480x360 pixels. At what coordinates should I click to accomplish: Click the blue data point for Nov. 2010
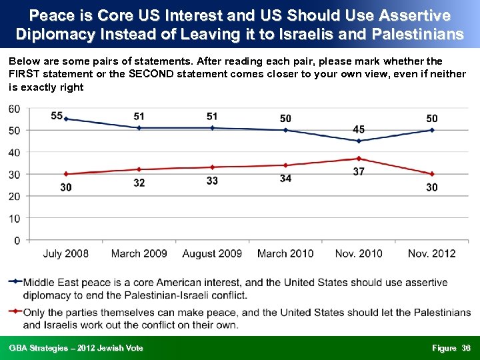point(359,141)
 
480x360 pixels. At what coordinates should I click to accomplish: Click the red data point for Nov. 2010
point(359,159)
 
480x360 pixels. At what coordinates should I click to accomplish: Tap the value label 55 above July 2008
point(57,116)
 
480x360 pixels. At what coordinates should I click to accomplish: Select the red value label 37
point(359,171)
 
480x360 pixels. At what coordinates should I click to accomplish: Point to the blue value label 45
point(359,129)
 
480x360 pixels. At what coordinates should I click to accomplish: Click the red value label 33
point(212,181)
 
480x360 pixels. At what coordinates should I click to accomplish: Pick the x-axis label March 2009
point(139,253)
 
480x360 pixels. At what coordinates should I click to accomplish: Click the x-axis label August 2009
point(212,253)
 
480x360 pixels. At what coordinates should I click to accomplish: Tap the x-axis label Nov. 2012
point(432,253)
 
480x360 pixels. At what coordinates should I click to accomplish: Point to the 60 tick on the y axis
point(14,109)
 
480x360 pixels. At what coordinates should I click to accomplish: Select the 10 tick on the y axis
point(14,218)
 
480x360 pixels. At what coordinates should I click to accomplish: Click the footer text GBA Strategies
point(40,348)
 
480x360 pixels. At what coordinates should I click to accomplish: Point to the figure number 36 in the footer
point(466,348)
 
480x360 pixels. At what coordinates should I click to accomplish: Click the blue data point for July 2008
point(65,119)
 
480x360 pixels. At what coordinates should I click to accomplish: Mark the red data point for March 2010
point(285,165)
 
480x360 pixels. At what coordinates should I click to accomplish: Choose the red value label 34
point(285,178)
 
